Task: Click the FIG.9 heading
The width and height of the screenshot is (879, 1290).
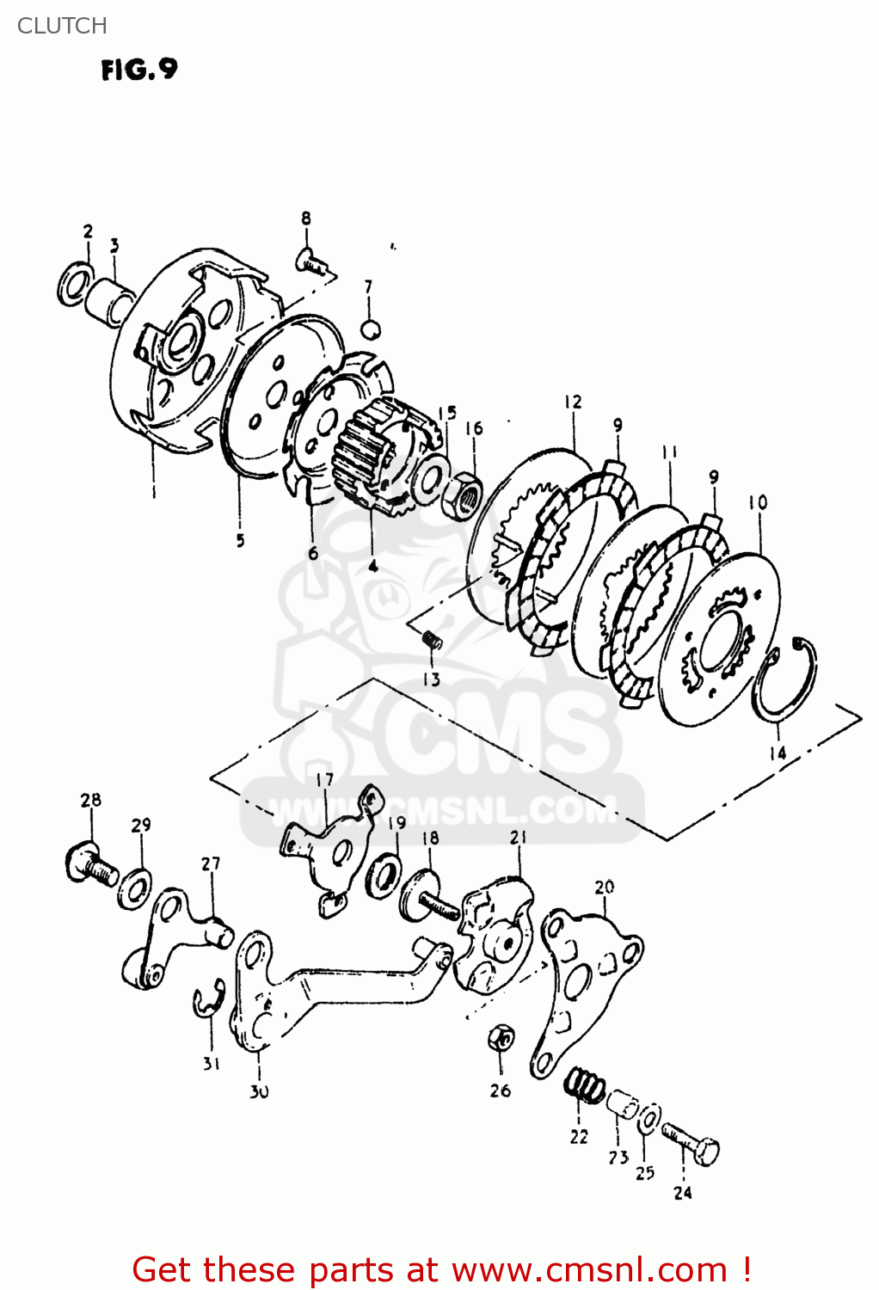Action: [139, 70]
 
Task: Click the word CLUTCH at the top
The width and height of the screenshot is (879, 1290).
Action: [62, 26]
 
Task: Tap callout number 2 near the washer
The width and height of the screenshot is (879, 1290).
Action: [88, 230]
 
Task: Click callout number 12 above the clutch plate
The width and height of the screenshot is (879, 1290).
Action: [574, 402]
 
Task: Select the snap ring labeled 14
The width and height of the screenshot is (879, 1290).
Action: [784, 679]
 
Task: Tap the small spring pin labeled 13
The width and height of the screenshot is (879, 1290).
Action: [432, 639]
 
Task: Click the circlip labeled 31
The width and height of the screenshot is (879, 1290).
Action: [206, 1000]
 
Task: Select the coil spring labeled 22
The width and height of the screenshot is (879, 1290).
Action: [585, 1084]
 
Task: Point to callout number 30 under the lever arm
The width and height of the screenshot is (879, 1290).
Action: [259, 1091]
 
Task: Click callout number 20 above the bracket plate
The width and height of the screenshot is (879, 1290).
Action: [605, 887]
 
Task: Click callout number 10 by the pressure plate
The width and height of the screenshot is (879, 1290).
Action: [758, 502]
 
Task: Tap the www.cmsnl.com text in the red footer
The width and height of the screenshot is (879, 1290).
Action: [589, 1270]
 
